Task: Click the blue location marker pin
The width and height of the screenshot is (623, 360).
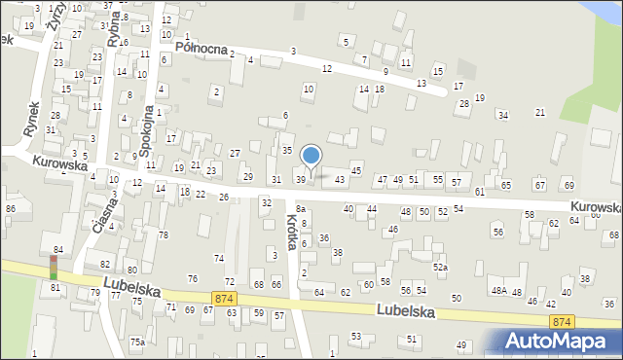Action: click(x=311, y=156)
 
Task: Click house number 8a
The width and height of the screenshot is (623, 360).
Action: click(x=301, y=208)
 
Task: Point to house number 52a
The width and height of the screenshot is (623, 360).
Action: click(x=441, y=267)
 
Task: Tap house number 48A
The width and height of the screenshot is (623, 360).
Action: click(x=498, y=291)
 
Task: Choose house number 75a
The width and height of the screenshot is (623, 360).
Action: click(x=138, y=342)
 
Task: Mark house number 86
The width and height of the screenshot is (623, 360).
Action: click(x=11, y=209)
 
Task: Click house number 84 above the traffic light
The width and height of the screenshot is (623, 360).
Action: click(x=58, y=250)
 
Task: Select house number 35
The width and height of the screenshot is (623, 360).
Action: click(x=287, y=151)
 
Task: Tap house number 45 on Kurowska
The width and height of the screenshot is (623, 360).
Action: click(x=356, y=171)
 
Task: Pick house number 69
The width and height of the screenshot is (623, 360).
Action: click(x=568, y=185)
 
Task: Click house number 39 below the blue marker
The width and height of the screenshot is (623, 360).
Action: click(x=301, y=179)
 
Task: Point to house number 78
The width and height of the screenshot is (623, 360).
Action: click(x=164, y=235)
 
